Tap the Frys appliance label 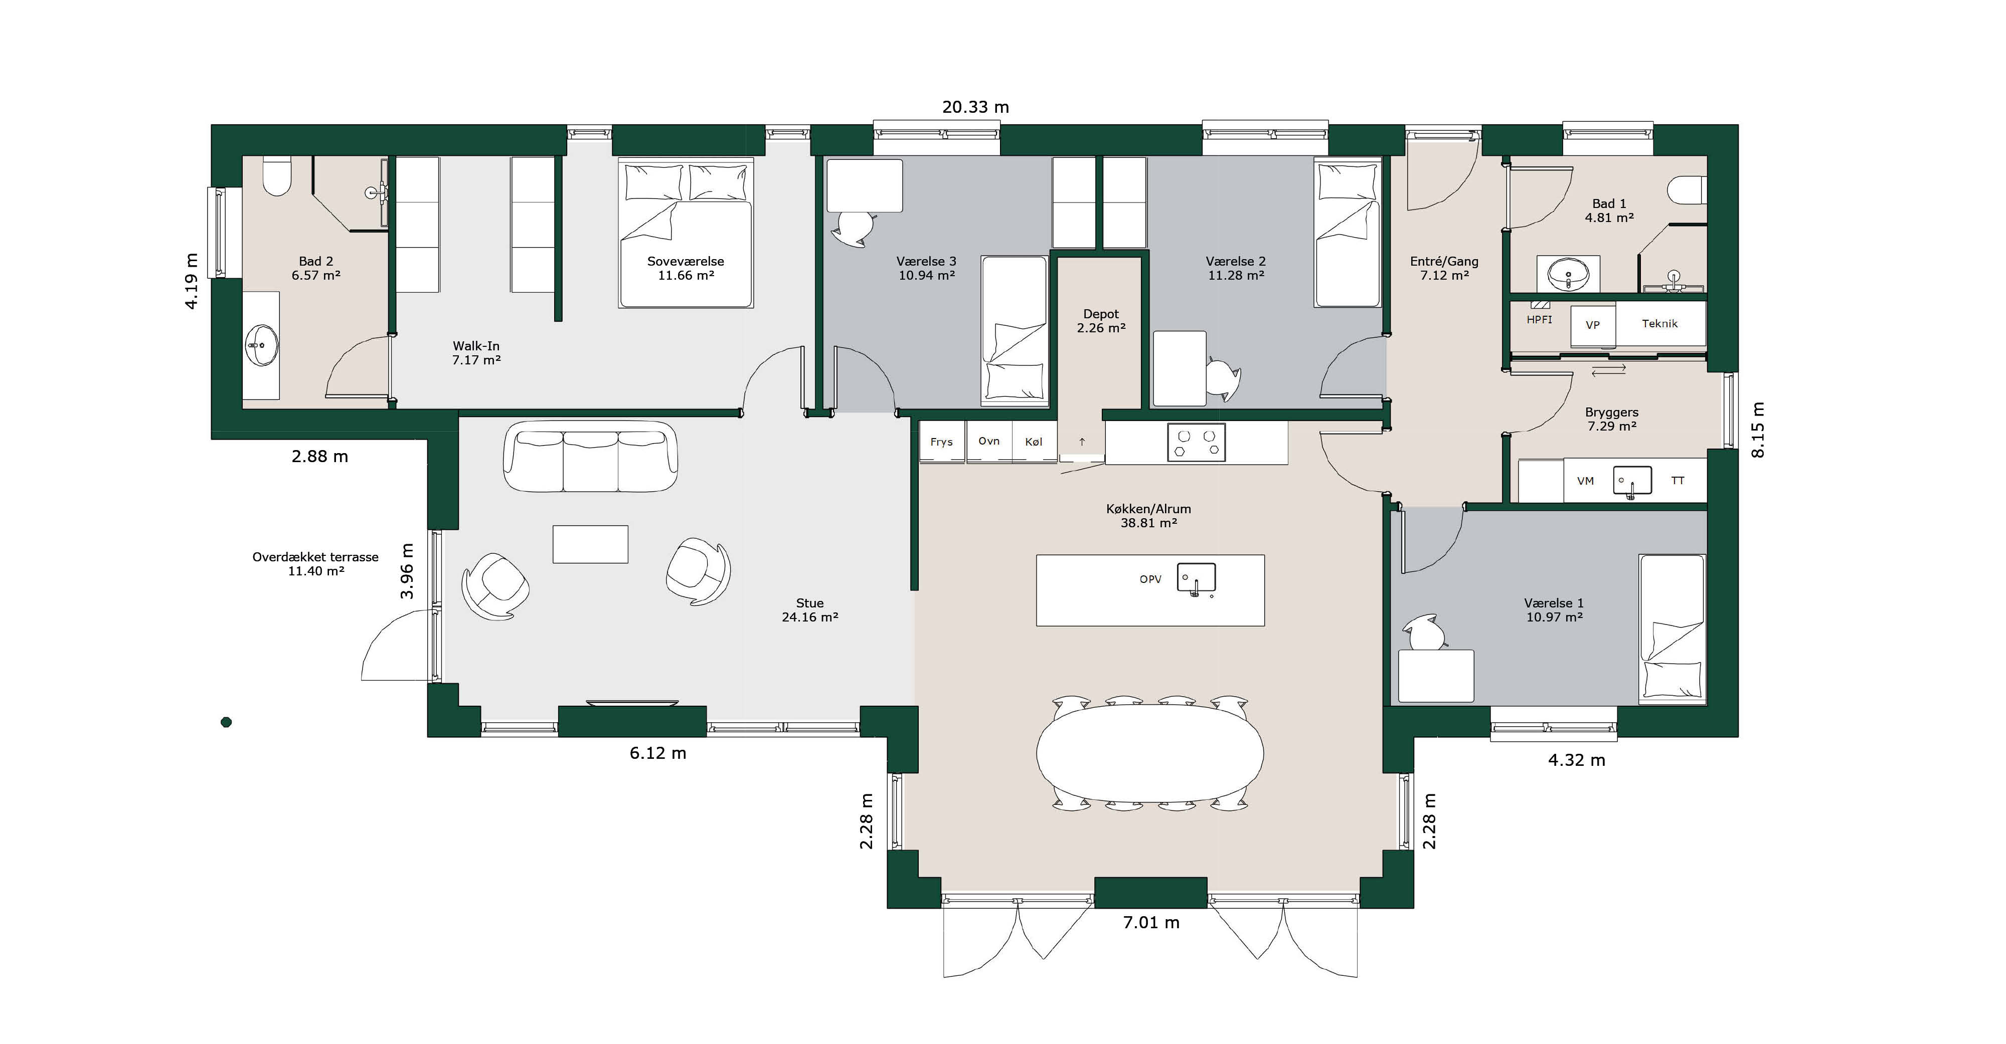click(941, 442)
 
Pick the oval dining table click(1150, 753)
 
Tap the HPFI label click(1539, 320)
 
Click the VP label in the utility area click(1592, 325)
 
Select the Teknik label click(1659, 324)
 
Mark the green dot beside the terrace click(227, 722)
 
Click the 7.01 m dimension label click(1151, 923)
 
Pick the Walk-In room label click(476, 353)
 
